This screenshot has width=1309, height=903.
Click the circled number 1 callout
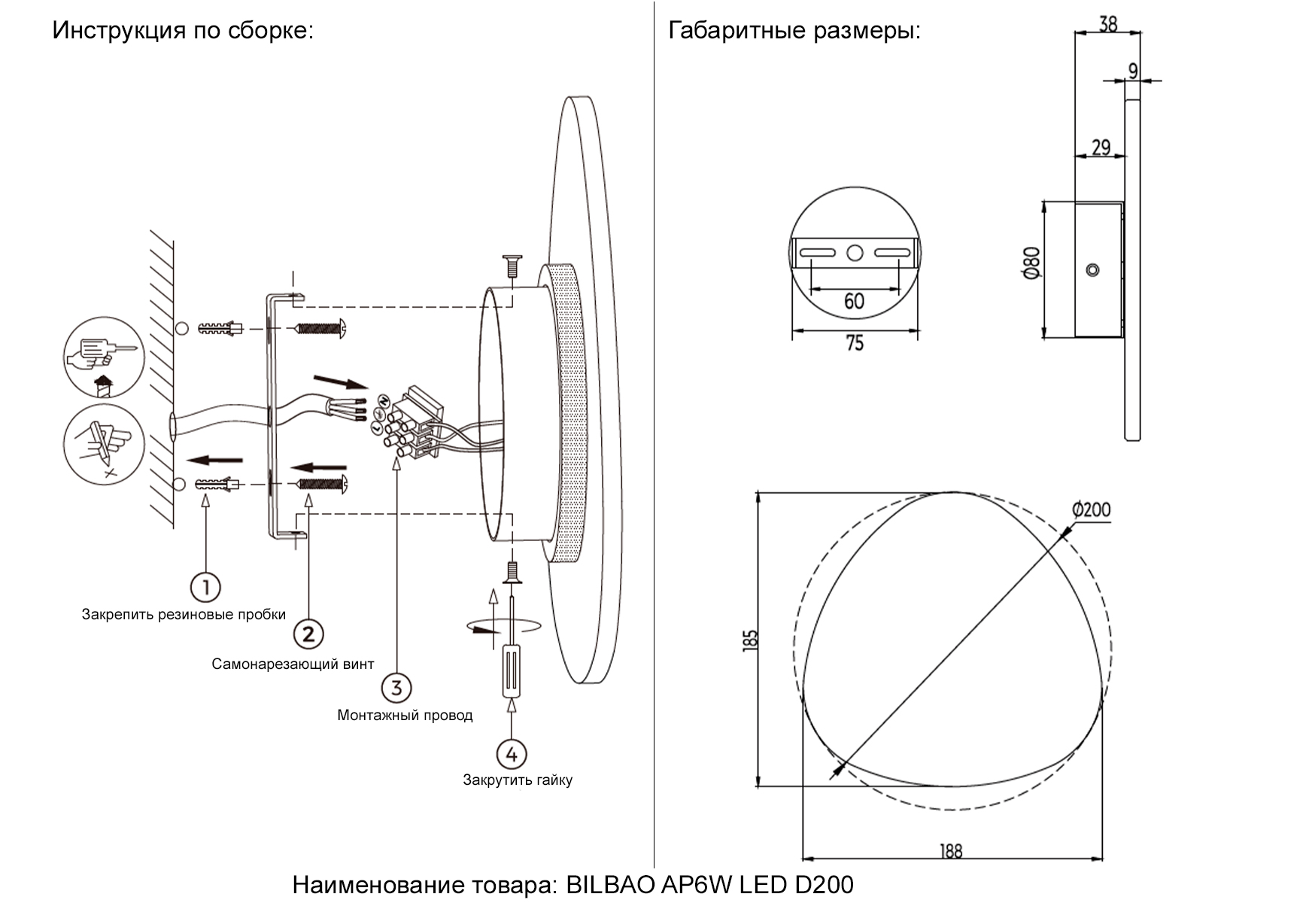coord(205,587)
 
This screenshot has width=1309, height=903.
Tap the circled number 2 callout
coord(308,634)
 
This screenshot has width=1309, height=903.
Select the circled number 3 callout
coord(396,687)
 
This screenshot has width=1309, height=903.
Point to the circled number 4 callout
coord(512,753)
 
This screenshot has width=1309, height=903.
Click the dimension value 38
coord(1107,24)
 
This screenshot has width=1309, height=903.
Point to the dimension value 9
coord(1134,70)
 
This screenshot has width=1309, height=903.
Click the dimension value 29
coord(1101,147)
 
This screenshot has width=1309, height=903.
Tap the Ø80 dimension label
coord(1031,263)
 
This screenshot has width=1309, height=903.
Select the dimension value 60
coord(854,302)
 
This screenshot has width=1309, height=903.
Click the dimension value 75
coord(855,344)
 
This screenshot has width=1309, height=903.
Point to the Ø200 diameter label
coord(1091,509)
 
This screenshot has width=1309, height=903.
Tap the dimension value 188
coord(951,851)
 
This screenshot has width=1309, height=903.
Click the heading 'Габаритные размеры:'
coord(794,31)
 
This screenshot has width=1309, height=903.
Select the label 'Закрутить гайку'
coord(518,780)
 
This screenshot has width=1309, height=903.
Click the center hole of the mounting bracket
coord(855,253)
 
